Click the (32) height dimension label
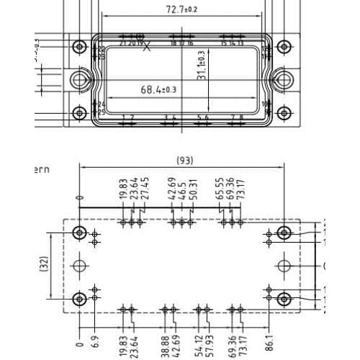click(x=43, y=265)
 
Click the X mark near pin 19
click(x=148, y=48)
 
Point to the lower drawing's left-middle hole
click(x=79, y=266)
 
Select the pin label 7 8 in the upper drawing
click(x=236, y=117)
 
